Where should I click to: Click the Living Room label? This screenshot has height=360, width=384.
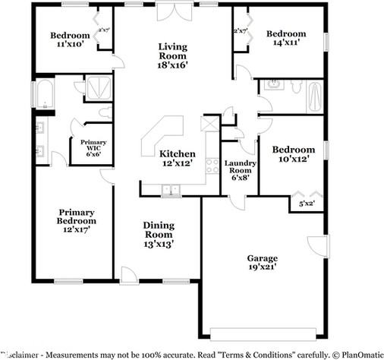[x=173, y=55]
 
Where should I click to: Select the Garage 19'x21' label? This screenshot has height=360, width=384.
[x=262, y=262]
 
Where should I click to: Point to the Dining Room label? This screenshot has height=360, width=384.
[x=159, y=234]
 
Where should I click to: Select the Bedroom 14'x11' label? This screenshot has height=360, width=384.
[x=286, y=39]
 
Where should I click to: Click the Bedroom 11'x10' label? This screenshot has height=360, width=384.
[x=70, y=39]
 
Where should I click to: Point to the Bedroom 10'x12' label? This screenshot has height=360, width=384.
[x=294, y=155]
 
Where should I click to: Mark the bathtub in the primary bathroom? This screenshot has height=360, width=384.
[x=42, y=95]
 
